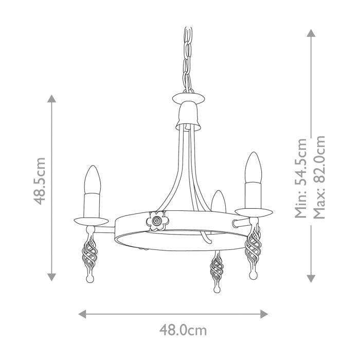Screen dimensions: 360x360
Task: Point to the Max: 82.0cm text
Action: click(319, 178)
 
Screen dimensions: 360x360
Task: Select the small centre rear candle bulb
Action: click(219, 201)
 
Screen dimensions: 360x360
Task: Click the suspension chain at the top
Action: click(187, 57)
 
